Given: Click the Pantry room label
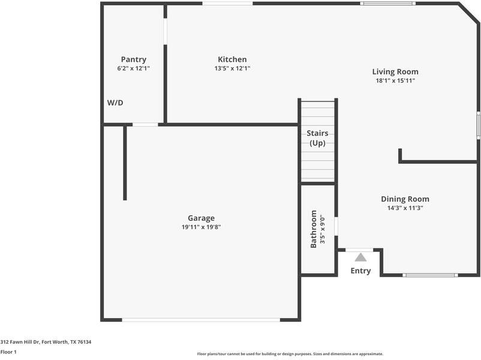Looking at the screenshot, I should pos(133,59).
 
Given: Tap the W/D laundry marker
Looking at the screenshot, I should pos(115,103).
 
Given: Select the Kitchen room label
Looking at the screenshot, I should pos(232,59).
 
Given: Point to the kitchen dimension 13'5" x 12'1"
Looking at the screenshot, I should pos(232,68).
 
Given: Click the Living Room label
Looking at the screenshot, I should pos(395,71).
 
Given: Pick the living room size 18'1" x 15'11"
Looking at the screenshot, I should pos(395,80).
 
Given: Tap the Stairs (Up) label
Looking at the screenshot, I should pos(317,138).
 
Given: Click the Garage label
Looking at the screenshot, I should pos(201,218).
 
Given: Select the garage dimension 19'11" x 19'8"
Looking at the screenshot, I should pos(201,227).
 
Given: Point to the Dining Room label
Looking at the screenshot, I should pos(405,199).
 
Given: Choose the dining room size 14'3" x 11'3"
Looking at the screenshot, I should pos(405,208).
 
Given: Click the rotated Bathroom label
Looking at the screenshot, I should pos(314,229).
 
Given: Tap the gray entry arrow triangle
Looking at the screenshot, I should pos(360,257).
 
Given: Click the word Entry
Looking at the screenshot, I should pos(360,271).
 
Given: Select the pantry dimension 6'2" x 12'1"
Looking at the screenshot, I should pos(133,68).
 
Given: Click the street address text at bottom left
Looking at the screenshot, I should pos(46,342).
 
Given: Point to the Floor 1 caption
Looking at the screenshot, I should pos(8,352).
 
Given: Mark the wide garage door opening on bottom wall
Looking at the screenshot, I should pos(202,320).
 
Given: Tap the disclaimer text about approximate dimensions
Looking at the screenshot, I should pos(290,354).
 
